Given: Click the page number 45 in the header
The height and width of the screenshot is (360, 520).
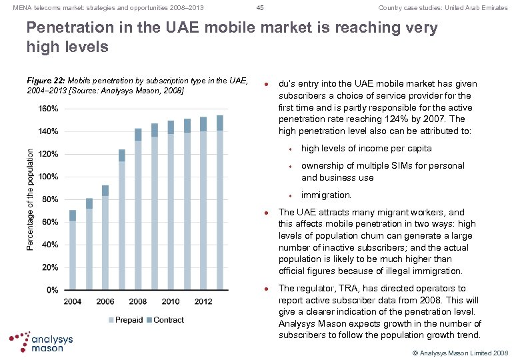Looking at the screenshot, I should (x=260, y=8).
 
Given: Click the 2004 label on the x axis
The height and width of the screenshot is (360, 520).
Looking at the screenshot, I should (x=73, y=302).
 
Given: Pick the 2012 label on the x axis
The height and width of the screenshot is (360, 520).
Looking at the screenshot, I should (x=203, y=302).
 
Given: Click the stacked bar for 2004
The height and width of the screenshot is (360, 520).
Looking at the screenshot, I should (x=73, y=250).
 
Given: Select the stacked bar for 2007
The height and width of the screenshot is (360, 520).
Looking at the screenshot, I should (x=122, y=220).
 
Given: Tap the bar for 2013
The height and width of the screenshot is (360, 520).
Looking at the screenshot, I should (x=220, y=203).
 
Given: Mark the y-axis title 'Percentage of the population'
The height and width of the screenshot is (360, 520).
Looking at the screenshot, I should (x=31, y=199).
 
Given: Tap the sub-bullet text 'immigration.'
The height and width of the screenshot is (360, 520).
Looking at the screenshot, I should (x=326, y=195).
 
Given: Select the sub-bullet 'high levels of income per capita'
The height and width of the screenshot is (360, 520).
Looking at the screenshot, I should (x=366, y=149).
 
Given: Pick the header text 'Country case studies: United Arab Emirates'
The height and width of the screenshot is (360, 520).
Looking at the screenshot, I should (x=443, y=8).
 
